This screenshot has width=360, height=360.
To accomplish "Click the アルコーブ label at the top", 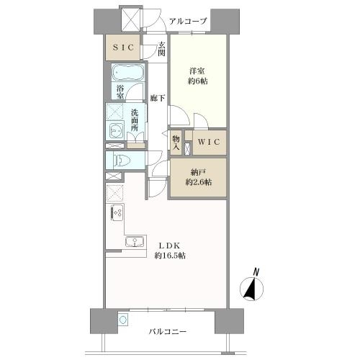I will point(188,22).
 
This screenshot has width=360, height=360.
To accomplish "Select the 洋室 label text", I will point(199,71).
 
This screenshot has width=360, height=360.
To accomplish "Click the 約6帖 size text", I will point(199,81).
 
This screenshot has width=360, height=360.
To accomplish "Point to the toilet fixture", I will point(120,161).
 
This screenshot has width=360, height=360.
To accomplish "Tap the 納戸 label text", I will point(198,171).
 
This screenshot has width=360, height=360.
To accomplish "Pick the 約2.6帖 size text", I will point(198,183).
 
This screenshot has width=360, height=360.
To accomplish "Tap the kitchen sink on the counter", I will point(135,242).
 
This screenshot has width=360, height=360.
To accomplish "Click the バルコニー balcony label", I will point(168,332).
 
